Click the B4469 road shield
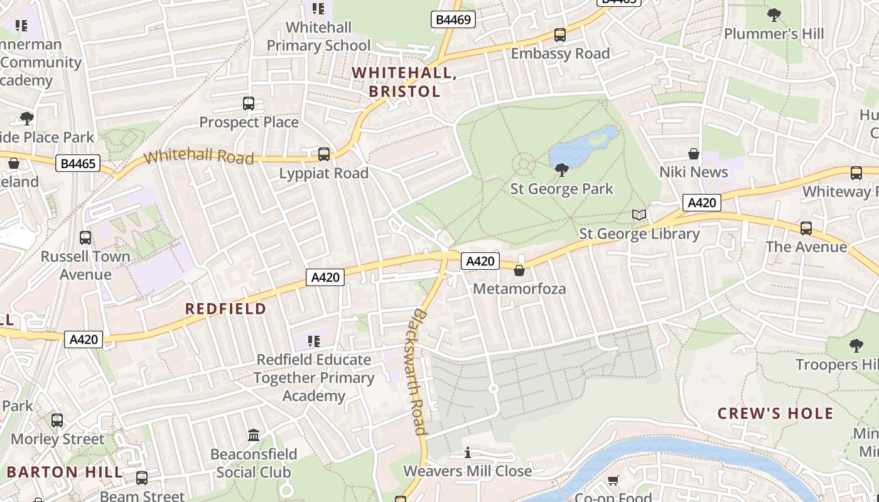point(453,20)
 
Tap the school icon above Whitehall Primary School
point(318,9)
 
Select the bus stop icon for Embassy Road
point(560,35)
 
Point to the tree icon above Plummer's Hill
point(774,14)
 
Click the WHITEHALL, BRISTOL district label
point(404,82)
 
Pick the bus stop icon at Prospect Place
point(249,104)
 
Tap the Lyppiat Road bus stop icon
point(324,154)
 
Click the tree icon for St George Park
point(562,170)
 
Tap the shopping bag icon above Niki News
point(694,154)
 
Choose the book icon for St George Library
point(639,215)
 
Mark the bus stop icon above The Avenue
point(806,228)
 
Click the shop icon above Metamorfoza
point(519,270)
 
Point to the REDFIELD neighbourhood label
point(226,309)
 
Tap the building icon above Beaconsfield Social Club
point(254,435)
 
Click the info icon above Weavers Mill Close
point(468,452)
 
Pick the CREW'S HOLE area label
point(775,414)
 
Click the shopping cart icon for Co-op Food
point(613,481)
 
